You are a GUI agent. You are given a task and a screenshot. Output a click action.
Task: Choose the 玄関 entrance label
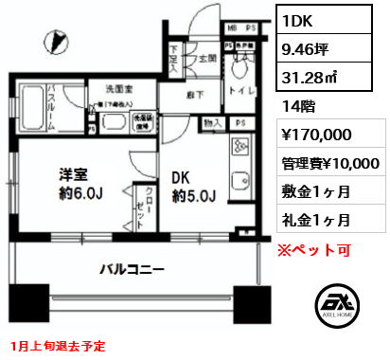coord(207,58)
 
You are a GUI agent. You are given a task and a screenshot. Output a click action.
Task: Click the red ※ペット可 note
coord(315,250)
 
